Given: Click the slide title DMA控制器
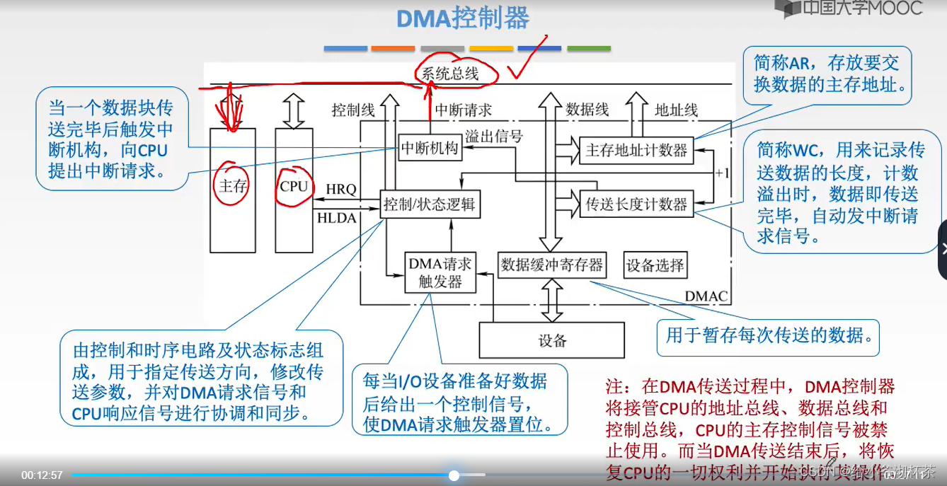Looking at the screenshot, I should tap(462, 18).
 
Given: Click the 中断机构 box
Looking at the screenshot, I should tap(430, 149).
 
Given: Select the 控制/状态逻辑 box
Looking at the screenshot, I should tap(430, 205).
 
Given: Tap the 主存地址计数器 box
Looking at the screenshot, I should tap(636, 151).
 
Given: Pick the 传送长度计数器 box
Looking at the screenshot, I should tap(636, 204).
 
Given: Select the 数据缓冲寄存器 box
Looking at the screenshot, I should tap(552, 265).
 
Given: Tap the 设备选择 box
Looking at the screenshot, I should tap(655, 265).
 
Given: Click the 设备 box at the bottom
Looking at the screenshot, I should tap(552, 340).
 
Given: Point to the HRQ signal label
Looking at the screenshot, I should tap(341, 190).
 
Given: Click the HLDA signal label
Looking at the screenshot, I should tap(337, 219).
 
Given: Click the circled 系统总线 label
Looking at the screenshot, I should tap(451, 73).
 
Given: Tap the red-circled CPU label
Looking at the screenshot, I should tap(294, 187).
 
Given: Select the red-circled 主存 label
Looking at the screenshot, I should tap(231, 185).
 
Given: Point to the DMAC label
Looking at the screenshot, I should tap(706, 296).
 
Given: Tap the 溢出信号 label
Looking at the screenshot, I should tap(493, 137).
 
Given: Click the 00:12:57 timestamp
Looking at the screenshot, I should tap(42, 475).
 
